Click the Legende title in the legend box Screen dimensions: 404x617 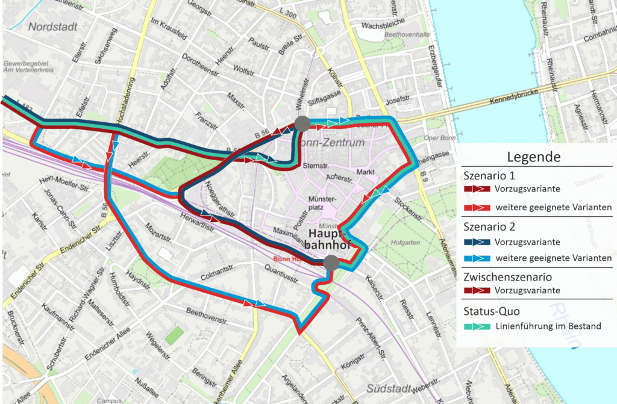534,157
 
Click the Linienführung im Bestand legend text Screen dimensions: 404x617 548,326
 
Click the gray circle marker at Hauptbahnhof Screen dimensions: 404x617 330,262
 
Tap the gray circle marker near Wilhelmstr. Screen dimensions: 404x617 302,123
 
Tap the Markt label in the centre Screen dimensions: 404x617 365,172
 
